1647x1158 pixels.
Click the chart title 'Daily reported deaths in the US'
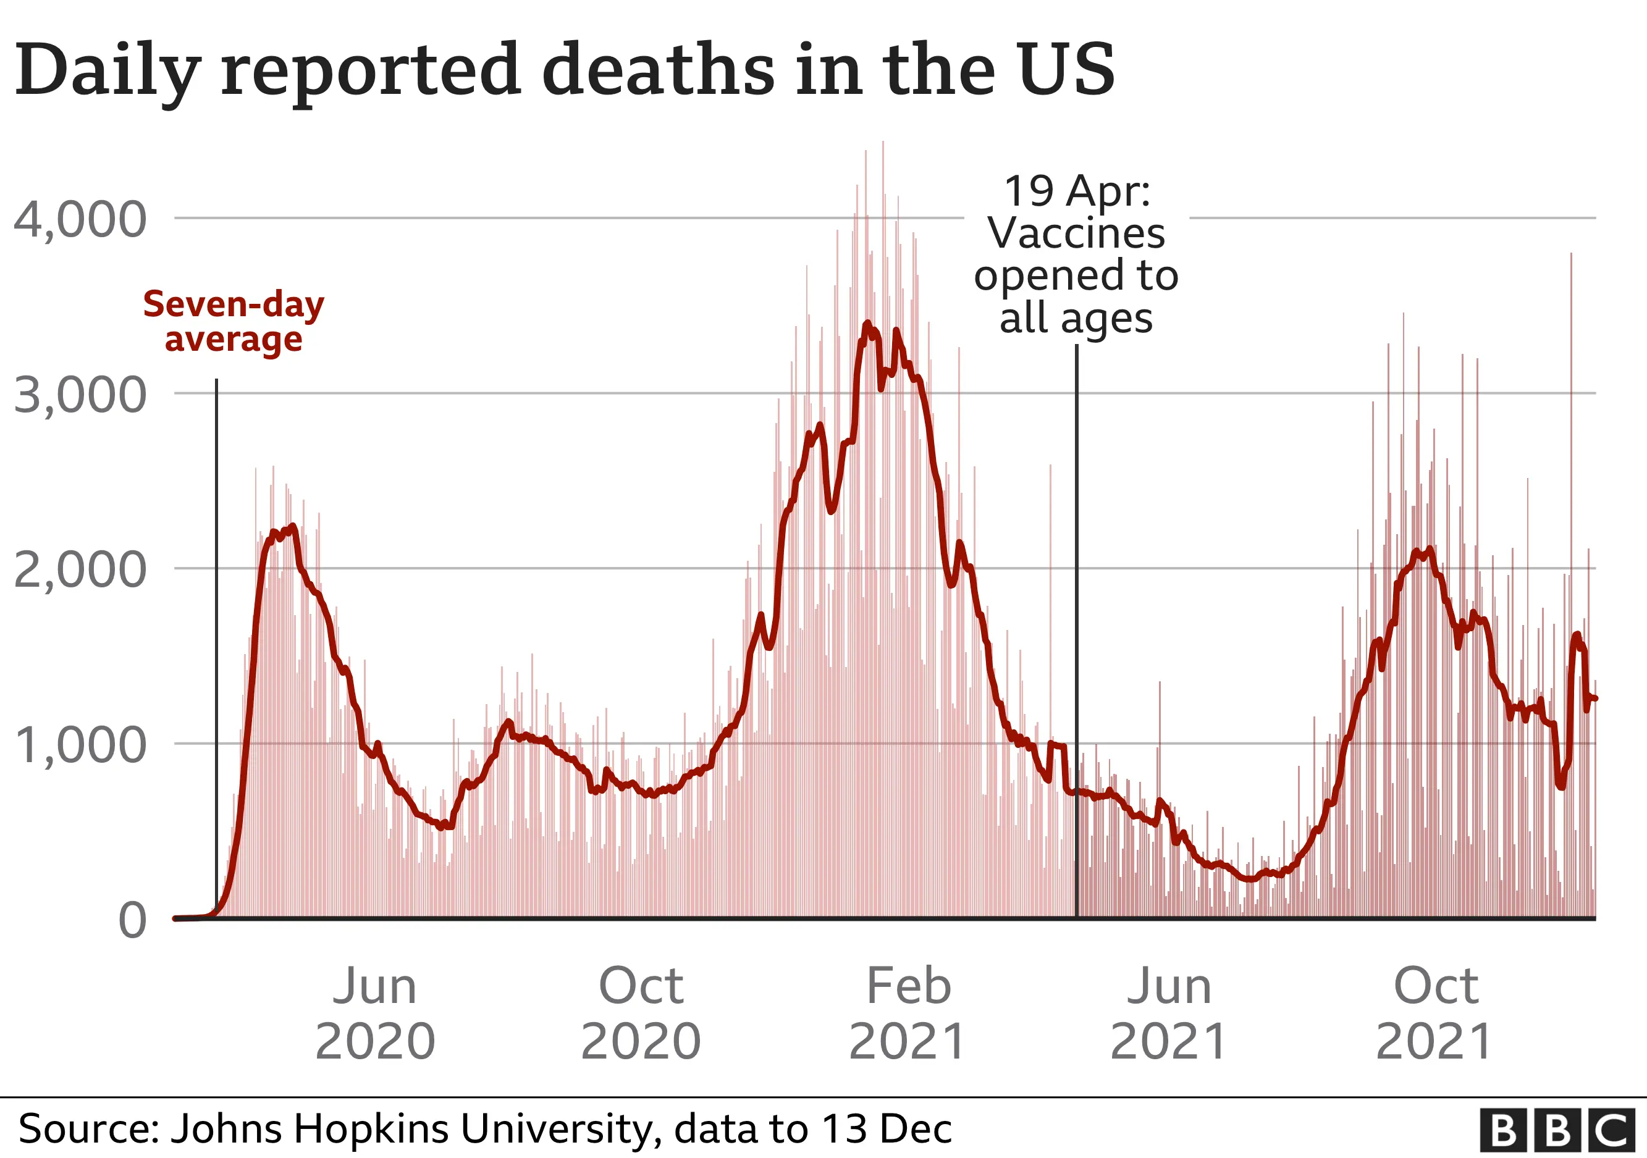565,70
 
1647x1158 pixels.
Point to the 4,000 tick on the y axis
80,219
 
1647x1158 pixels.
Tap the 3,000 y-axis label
80,395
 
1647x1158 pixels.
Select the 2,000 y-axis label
80,570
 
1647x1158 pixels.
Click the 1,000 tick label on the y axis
80,745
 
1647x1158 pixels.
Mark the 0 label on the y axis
133,921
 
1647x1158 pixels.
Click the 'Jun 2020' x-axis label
375,1013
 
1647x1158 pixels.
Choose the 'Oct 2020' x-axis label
641,1013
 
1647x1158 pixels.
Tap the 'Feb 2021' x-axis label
908,1013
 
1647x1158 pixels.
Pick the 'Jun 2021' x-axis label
1169,1013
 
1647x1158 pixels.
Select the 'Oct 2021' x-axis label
1435,1013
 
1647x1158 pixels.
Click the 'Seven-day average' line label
234,321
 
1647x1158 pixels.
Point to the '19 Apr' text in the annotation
1077,191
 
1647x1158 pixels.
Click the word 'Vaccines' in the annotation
1077,233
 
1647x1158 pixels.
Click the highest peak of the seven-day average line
867,324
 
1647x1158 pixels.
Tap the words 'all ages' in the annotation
1077,317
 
